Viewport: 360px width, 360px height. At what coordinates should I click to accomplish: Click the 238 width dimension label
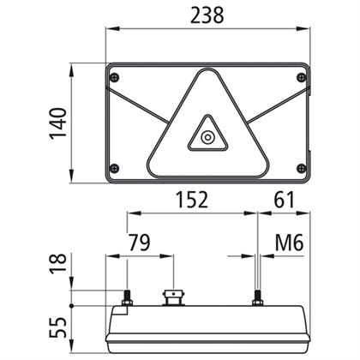pos(207,15)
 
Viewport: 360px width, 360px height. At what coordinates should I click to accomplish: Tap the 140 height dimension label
pos(58,123)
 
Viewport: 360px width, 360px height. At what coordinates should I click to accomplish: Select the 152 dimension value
pos(192,200)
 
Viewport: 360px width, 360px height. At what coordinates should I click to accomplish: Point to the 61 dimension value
pos(284,200)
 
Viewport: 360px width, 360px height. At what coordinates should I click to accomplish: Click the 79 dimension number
pos(139,243)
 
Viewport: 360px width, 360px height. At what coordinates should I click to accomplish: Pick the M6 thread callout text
pos(289,243)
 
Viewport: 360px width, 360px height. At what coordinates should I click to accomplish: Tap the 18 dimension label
pos(58,263)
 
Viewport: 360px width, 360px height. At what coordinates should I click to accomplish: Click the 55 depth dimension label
pos(58,327)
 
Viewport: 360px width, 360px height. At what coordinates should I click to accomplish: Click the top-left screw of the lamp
pos(115,77)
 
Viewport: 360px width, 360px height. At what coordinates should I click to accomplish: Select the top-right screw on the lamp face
pos(302,77)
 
